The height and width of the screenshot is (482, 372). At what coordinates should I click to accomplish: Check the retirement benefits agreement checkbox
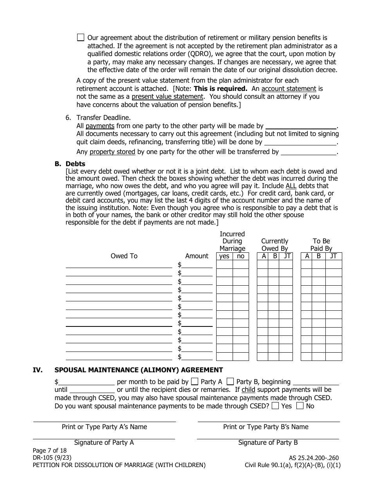tap(80, 38)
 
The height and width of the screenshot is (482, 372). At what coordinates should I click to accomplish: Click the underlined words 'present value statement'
tap(167, 96)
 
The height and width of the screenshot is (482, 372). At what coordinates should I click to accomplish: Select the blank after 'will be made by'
tap(301, 126)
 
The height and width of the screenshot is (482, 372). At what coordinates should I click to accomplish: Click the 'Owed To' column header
tap(124, 256)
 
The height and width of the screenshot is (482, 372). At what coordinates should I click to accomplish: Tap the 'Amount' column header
tap(197, 256)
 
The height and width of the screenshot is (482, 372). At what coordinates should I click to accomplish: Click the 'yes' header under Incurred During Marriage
tap(224, 256)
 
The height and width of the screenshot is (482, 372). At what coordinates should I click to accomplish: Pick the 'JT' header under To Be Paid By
tap(333, 256)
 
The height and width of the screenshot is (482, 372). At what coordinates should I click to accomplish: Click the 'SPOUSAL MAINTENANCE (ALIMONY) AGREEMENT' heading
tap(139, 370)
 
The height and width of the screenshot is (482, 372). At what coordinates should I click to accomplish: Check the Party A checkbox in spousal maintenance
tap(194, 381)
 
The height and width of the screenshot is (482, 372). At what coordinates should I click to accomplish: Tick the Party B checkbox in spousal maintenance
tap(231, 381)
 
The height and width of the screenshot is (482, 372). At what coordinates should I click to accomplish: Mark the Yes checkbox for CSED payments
tap(275, 406)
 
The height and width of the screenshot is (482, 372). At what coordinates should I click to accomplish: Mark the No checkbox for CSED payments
tap(300, 406)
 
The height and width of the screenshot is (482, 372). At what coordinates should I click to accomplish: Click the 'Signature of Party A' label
tap(104, 442)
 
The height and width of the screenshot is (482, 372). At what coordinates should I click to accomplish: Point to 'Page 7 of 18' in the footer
tap(50, 451)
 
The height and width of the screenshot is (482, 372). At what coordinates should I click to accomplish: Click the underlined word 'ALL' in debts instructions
tap(291, 186)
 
